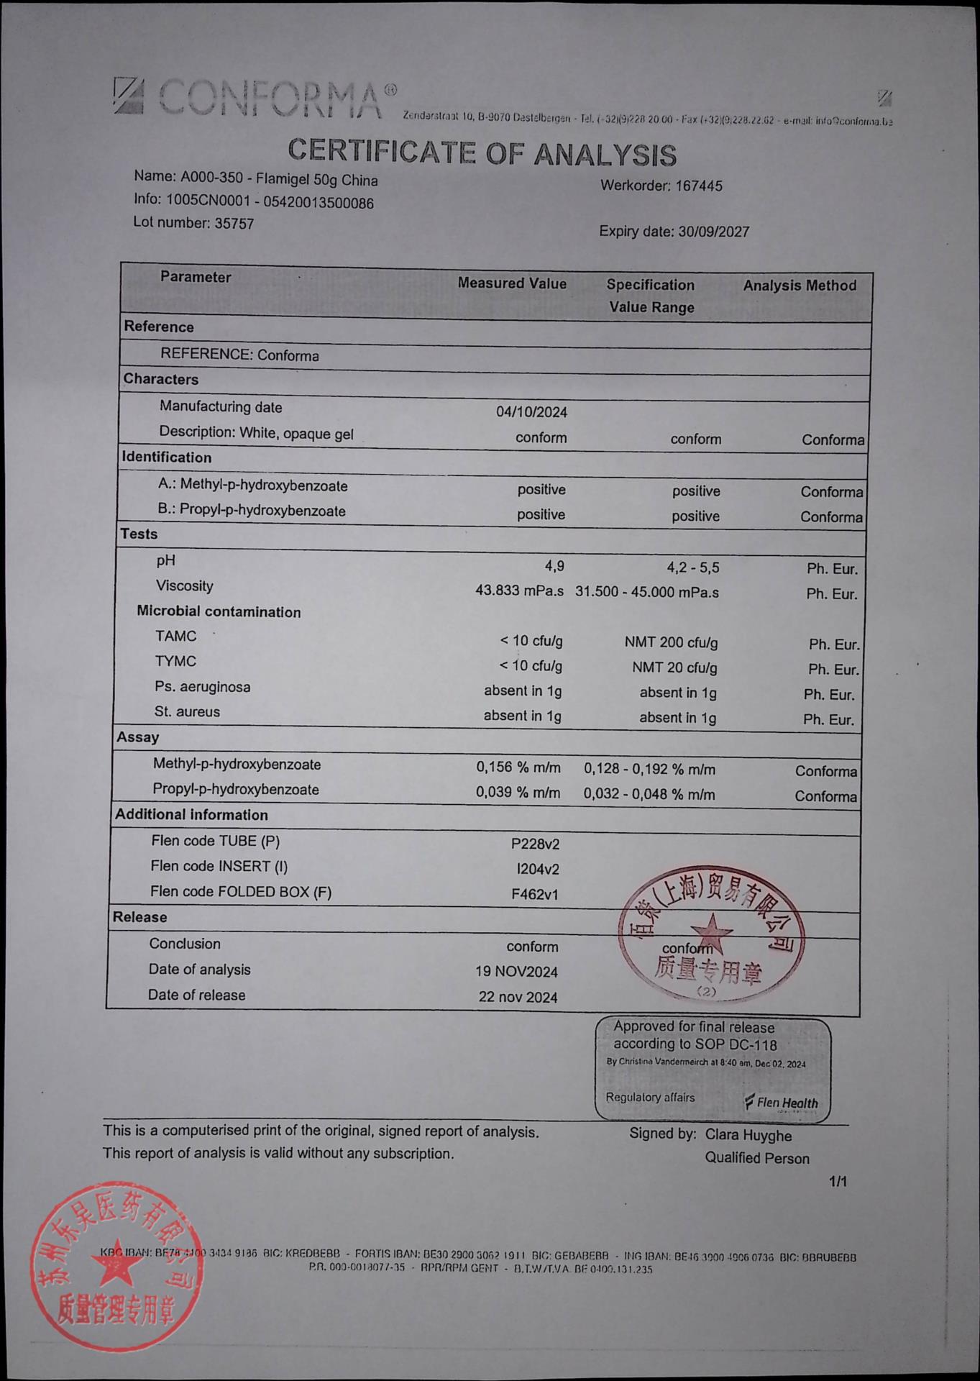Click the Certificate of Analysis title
click(482, 152)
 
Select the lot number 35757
click(234, 224)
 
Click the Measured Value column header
click(512, 283)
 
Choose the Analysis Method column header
click(800, 286)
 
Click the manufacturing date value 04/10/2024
click(531, 412)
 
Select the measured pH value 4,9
click(554, 567)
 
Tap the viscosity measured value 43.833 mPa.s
click(519, 591)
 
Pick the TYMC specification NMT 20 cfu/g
click(674, 667)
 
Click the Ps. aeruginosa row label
click(202, 687)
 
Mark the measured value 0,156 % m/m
click(518, 767)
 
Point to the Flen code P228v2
click(535, 844)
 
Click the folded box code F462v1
click(534, 895)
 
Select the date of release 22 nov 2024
click(518, 997)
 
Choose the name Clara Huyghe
click(748, 1136)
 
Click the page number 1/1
click(838, 1182)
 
